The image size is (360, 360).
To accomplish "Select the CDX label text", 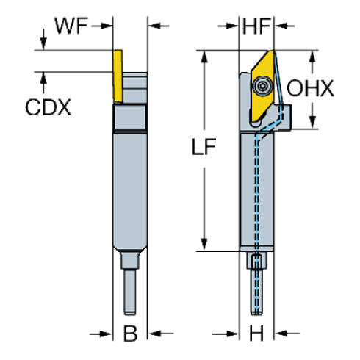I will point(48,107).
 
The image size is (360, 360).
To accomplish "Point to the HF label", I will point(256,27).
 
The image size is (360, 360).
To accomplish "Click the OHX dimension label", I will point(311,89).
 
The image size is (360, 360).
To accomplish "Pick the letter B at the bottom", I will point(131,334).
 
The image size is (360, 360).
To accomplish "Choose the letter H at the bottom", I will point(256,334).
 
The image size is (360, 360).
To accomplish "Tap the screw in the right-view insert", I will point(262,86).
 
